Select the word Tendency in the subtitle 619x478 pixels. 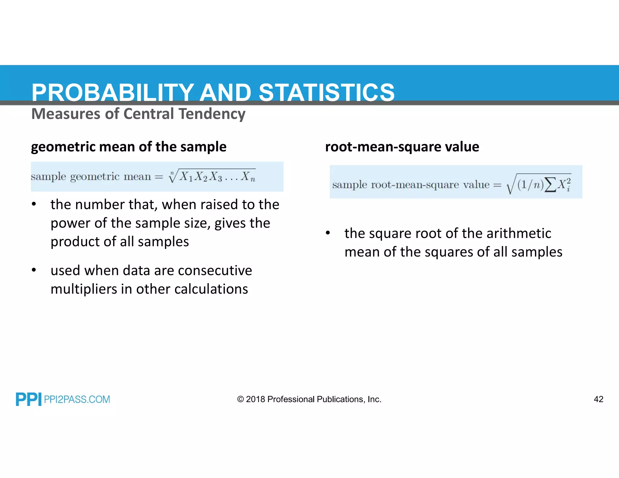pyautogui.click(x=212, y=114)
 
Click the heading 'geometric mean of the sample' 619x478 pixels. pyautogui.click(x=129, y=147)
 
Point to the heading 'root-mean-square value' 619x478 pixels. pyautogui.click(x=402, y=147)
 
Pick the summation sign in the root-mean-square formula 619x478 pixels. pyautogui.click(x=550, y=185)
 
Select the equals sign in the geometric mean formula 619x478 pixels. pyautogui.click(x=159, y=177)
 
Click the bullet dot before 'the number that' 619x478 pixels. pyautogui.click(x=34, y=204)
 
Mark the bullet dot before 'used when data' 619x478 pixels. pyautogui.click(x=34, y=270)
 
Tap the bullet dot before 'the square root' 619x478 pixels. pyautogui.click(x=328, y=233)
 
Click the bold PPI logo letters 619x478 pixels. pyautogui.click(x=28, y=399)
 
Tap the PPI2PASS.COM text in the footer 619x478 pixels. pyautogui.click(x=77, y=399)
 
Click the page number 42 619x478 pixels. pyautogui.click(x=598, y=399)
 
